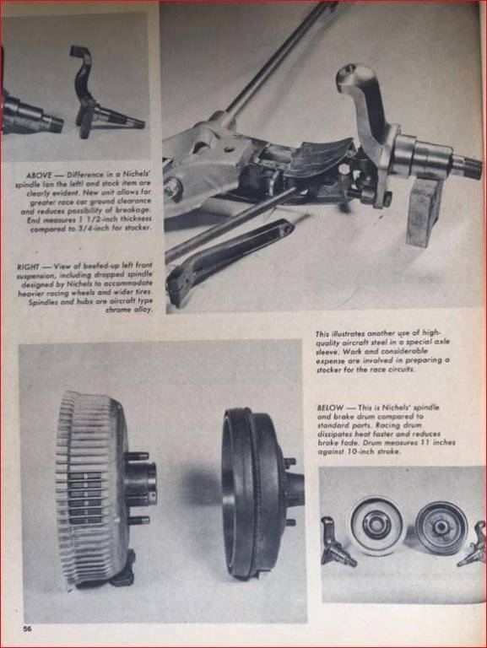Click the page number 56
pos(27,629)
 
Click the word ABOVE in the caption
pos(40,175)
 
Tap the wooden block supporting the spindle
pos(423,212)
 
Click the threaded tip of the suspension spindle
pos(472,167)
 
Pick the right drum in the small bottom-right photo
pos(441,526)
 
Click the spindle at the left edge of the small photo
pos(336,543)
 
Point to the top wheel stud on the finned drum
pos(137,456)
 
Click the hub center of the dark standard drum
pos(295,488)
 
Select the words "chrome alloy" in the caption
pos(129,310)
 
